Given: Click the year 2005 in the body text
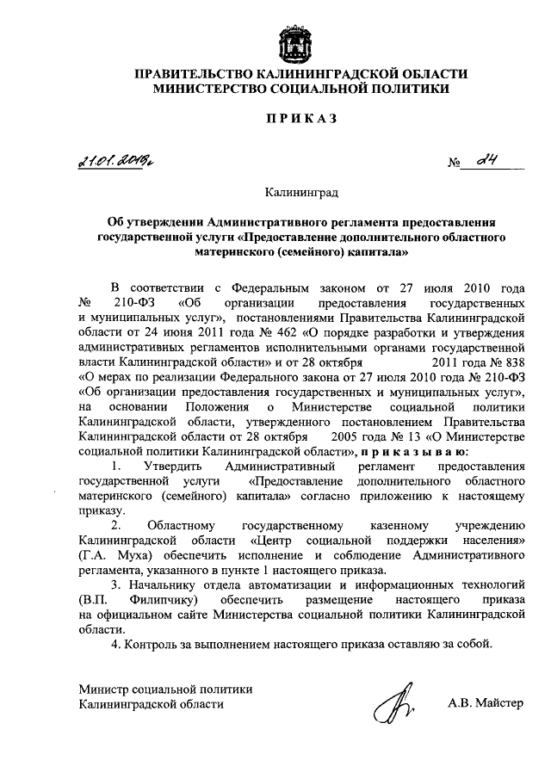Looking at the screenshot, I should [x=337, y=436].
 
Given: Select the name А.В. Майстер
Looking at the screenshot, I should [x=486, y=704].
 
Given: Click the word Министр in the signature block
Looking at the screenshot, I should [x=102, y=689].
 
